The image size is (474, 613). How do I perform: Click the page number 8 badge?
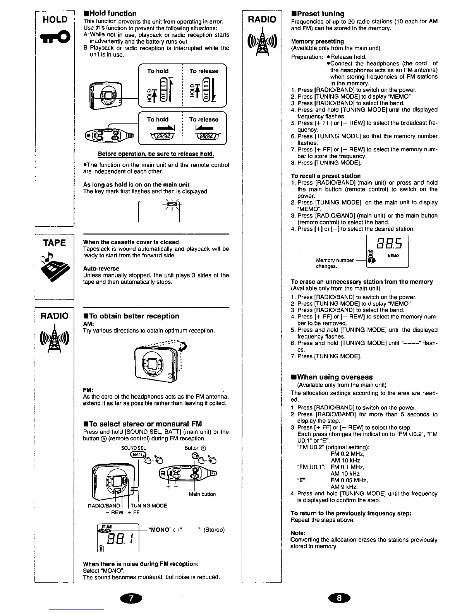click(x=339, y=598)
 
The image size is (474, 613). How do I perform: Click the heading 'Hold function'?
click(x=110, y=14)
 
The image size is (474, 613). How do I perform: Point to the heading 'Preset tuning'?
click(x=317, y=14)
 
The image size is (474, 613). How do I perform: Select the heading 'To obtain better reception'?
click(x=131, y=316)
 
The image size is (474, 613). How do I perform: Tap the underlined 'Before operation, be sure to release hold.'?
click(x=156, y=154)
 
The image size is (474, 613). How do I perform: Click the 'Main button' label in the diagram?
click(x=202, y=494)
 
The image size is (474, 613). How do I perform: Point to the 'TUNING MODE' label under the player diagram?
click(x=148, y=505)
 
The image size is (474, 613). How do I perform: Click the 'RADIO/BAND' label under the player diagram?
click(x=104, y=505)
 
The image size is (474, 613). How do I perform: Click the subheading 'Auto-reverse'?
click(x=101, y=269)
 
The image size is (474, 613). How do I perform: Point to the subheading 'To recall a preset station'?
click(x=325, y=176)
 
